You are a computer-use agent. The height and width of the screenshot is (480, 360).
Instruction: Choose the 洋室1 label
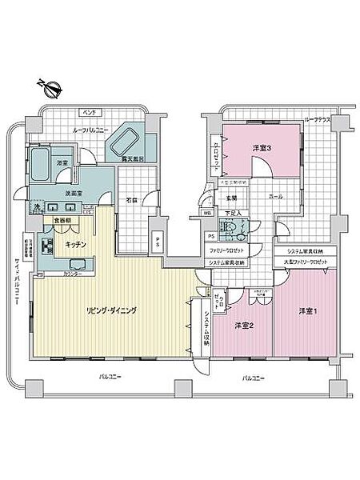tap(310, 310)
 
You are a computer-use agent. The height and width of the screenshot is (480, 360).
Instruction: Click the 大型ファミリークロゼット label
tap(305, 262)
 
